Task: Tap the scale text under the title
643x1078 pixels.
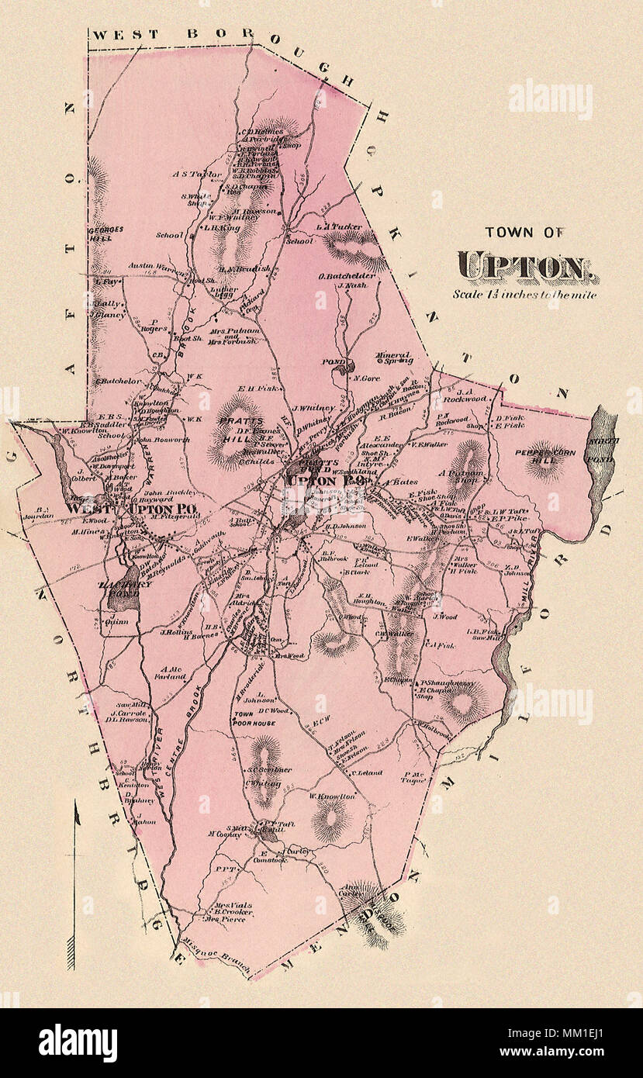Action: pos(525,294)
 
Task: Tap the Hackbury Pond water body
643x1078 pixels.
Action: pos(119,589)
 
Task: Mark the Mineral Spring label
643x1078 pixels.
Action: pos(392,358)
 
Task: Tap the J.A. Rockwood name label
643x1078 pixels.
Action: pos(465,399)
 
